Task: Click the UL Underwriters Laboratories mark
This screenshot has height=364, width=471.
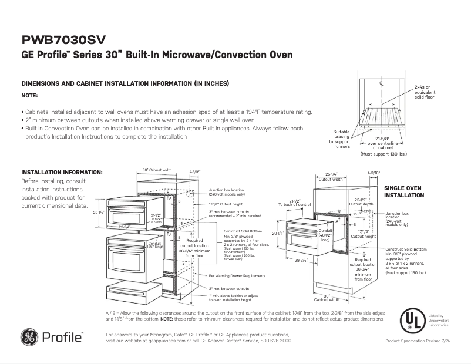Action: pos(411,320)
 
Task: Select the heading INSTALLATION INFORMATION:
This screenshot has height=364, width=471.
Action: pos(62,172)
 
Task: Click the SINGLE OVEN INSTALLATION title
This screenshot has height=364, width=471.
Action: pos(403,191)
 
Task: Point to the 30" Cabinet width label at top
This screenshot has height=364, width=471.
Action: pos(157,170)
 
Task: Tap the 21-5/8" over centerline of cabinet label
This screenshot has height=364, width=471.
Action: pos(382,141)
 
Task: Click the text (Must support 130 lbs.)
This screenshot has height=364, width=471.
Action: pos(383,154)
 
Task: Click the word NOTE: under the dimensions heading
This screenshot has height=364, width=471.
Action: pos(29,95)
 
